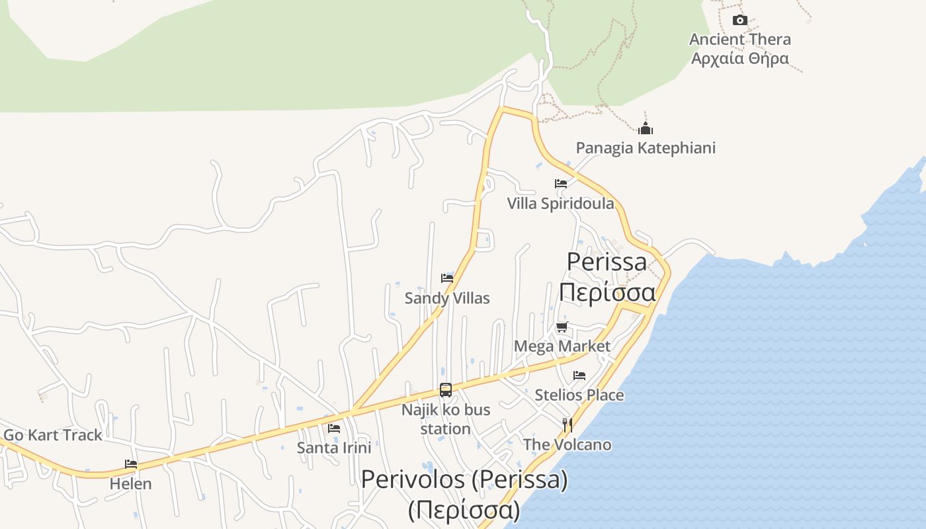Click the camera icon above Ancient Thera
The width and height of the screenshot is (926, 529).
click(740, 20)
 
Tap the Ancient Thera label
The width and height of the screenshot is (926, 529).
click(740, 40)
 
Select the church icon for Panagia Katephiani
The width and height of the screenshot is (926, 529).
click(646, 128)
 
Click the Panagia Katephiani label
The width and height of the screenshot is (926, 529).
click(646, 147)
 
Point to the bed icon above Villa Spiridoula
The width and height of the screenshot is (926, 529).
click(561, 184)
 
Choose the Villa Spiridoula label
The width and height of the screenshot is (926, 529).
click(561, 204)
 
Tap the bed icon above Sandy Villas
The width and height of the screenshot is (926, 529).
click(447, 278)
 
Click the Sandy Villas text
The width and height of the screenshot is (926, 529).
click(447, 298)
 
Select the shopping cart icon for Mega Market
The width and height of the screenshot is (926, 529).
click(562, 327)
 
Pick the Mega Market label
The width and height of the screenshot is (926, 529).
click(562, 346)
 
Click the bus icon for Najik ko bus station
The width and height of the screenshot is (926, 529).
click(446, 390)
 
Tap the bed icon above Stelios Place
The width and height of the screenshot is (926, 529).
click(579, 376)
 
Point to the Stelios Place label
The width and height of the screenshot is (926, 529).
click(579, 395)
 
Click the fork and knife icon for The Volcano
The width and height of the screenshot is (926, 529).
click(567, 425)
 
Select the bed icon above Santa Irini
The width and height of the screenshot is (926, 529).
click(334, 428)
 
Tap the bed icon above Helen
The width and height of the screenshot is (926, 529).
click(131, 464)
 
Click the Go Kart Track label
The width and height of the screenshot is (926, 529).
click(53, 435)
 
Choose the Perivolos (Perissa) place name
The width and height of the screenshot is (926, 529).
click(464, 479)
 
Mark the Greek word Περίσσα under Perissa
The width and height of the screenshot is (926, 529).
click(607, 292)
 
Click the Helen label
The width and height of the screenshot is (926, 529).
click(131, 484)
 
